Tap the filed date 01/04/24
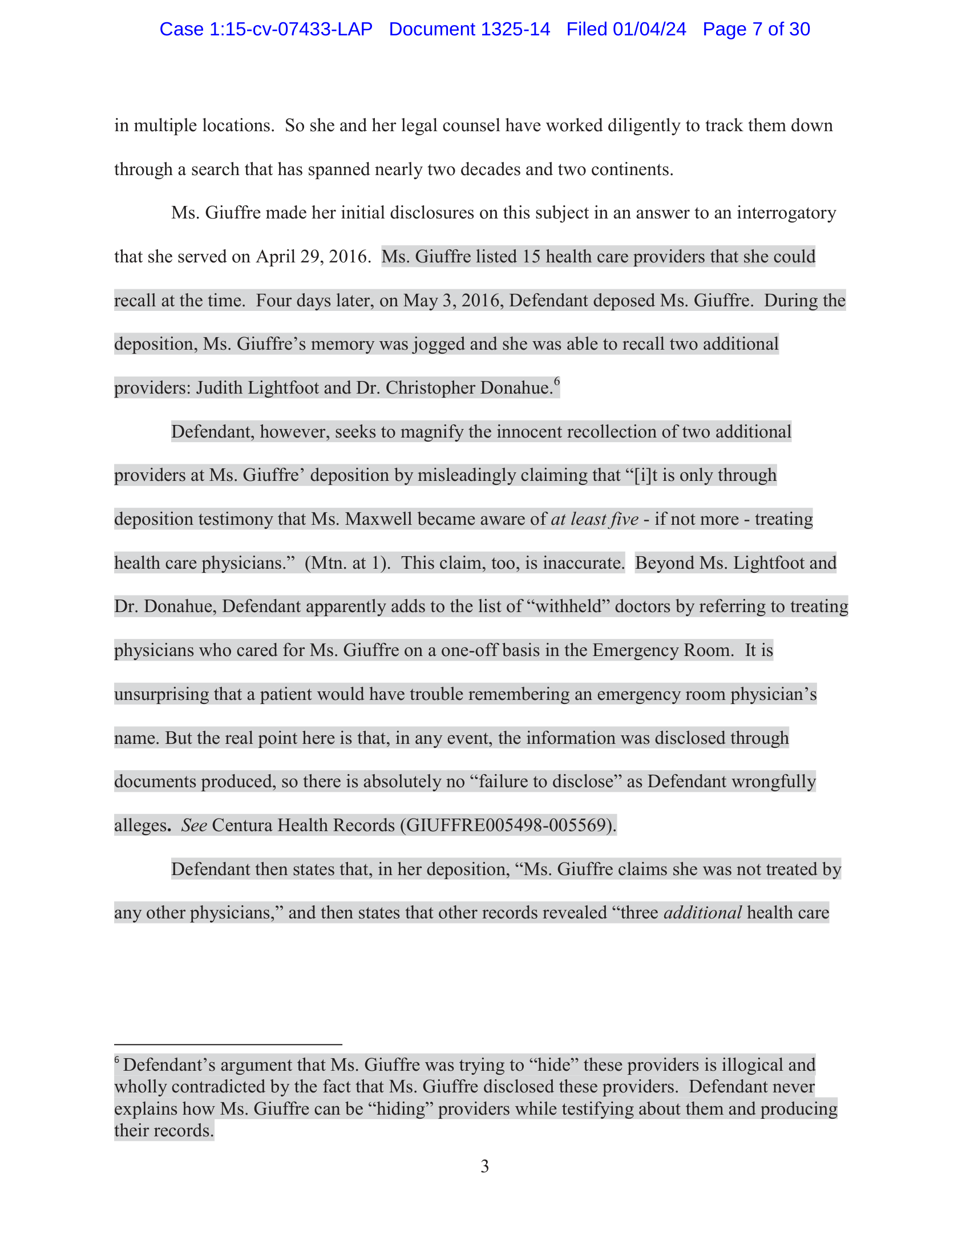tap(649, 29)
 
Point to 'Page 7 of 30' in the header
tap(756, 29)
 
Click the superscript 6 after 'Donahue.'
tap(557, 381)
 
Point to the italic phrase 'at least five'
tap(595, 520)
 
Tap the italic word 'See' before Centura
tap(193, 826)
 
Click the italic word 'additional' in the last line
tap(702, 913)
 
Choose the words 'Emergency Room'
tap(662, 650)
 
